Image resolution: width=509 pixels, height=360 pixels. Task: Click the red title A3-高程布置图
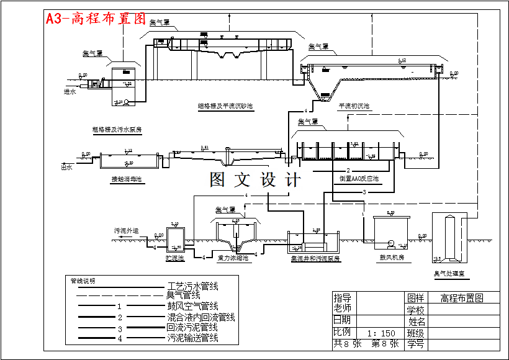coord(96,18)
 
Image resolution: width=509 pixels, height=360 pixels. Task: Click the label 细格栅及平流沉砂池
coord(225,106)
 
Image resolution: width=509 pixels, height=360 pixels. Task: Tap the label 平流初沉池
coord(354,106)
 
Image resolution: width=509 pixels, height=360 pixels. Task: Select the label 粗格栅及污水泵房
coord(117,129)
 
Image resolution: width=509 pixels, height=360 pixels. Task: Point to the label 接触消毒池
coord(127,179)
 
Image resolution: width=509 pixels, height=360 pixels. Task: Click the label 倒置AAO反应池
coord(359,179)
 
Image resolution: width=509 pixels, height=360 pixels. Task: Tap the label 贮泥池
coord(175,257)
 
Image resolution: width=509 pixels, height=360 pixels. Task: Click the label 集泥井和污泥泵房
coord(315,258)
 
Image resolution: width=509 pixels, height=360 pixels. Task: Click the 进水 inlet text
coord(70,92)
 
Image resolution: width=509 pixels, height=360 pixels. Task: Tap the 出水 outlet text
coord(66,167)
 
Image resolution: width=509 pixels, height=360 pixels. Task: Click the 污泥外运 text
coord(126,230)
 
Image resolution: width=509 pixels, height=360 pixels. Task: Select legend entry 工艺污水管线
coord(192,286)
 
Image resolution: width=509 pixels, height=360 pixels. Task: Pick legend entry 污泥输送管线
coord(192,338)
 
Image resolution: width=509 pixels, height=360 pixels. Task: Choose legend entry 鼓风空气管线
coord(192,306)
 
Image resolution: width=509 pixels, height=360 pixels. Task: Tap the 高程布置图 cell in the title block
coord(461,298)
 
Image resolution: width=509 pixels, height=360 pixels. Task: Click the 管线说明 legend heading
coord(83,281)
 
